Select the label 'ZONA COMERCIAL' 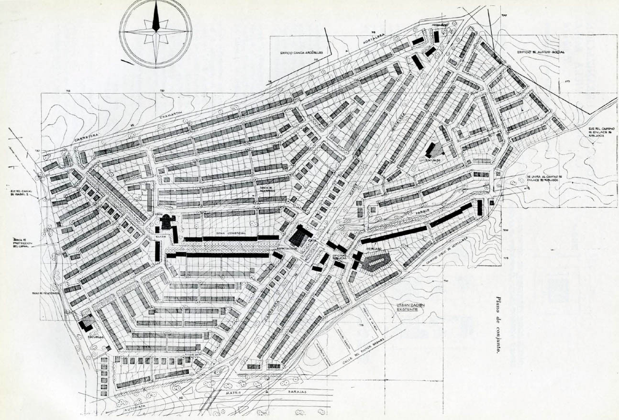[231, 232]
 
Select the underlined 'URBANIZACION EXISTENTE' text [408, 307]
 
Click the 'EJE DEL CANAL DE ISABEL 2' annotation [23, 194]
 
